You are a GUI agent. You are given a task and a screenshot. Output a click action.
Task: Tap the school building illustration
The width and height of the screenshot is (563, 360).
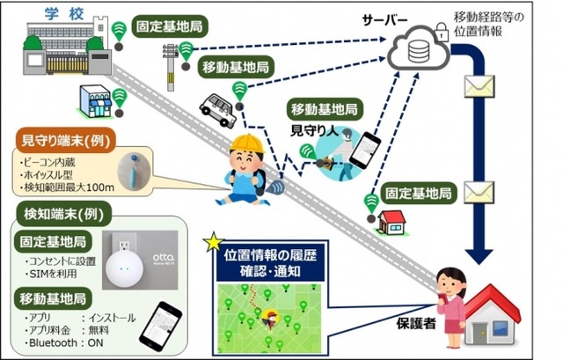(53, 48)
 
